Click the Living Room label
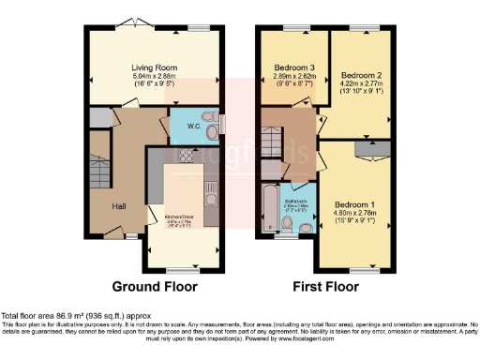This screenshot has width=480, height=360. (156, 67)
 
